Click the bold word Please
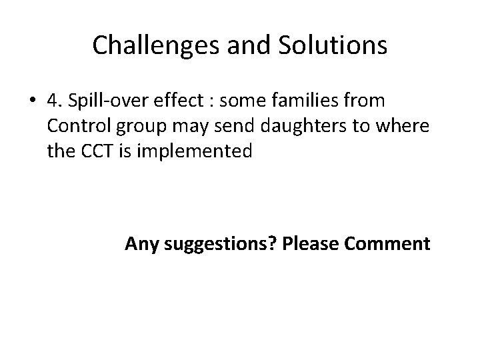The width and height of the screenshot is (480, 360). click(310, 244)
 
